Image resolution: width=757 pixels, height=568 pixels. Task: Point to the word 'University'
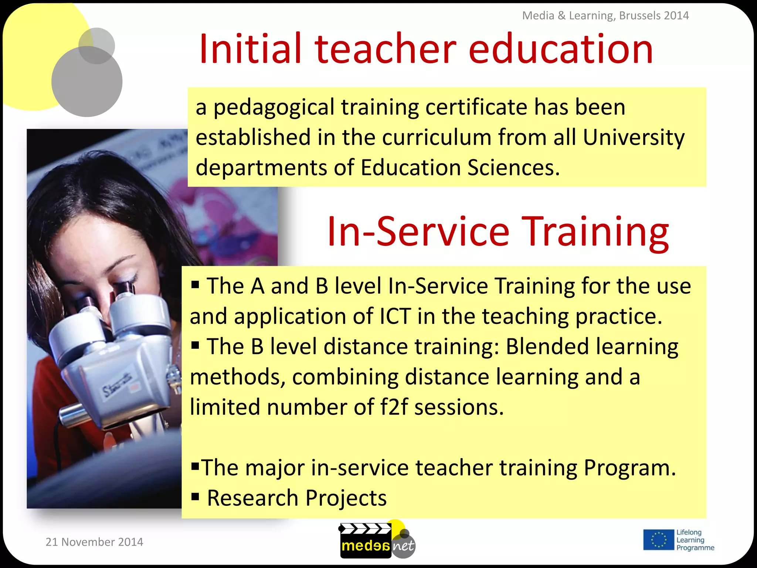pyautogui.click(x=634, y=138)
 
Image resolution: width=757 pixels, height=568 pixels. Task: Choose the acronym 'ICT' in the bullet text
pyautogui.click(x=395, y=317)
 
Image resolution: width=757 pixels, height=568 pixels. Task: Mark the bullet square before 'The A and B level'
pyautogui.click(x=196, y=284)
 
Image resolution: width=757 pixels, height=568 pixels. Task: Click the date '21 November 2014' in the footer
pyautogui.click(x=94, y=542)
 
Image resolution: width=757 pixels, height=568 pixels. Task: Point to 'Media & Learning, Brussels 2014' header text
pyautogui.click(x=605, y=16)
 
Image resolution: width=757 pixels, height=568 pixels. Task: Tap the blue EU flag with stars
pyautogui.click(x=658, y=540)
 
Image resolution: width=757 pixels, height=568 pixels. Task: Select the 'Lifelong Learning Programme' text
pyautogui.click(x=695, y=540)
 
